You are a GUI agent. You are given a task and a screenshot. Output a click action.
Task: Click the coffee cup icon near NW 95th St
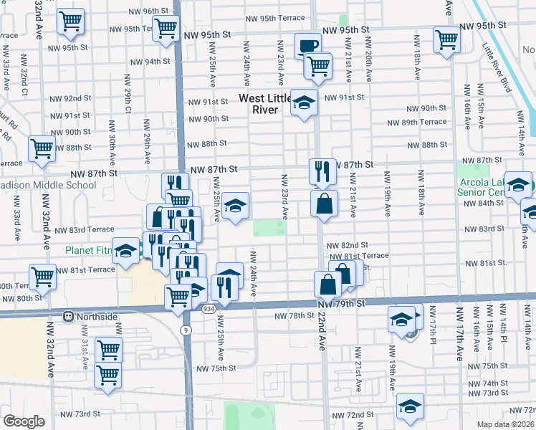pos(307,45)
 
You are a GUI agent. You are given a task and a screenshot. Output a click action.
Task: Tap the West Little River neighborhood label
pos(265,104)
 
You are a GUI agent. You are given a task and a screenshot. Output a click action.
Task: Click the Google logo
pos(24,421)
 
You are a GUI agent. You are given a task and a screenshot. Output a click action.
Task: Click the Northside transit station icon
pos(70,316)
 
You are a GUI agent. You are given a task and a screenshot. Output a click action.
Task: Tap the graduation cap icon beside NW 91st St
pos(304,103)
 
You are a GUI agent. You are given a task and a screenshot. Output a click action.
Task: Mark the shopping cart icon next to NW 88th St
pos(42,149)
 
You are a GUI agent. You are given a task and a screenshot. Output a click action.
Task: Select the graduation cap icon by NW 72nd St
pos(410,407)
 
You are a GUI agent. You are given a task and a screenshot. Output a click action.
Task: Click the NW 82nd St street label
pos(347,245)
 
